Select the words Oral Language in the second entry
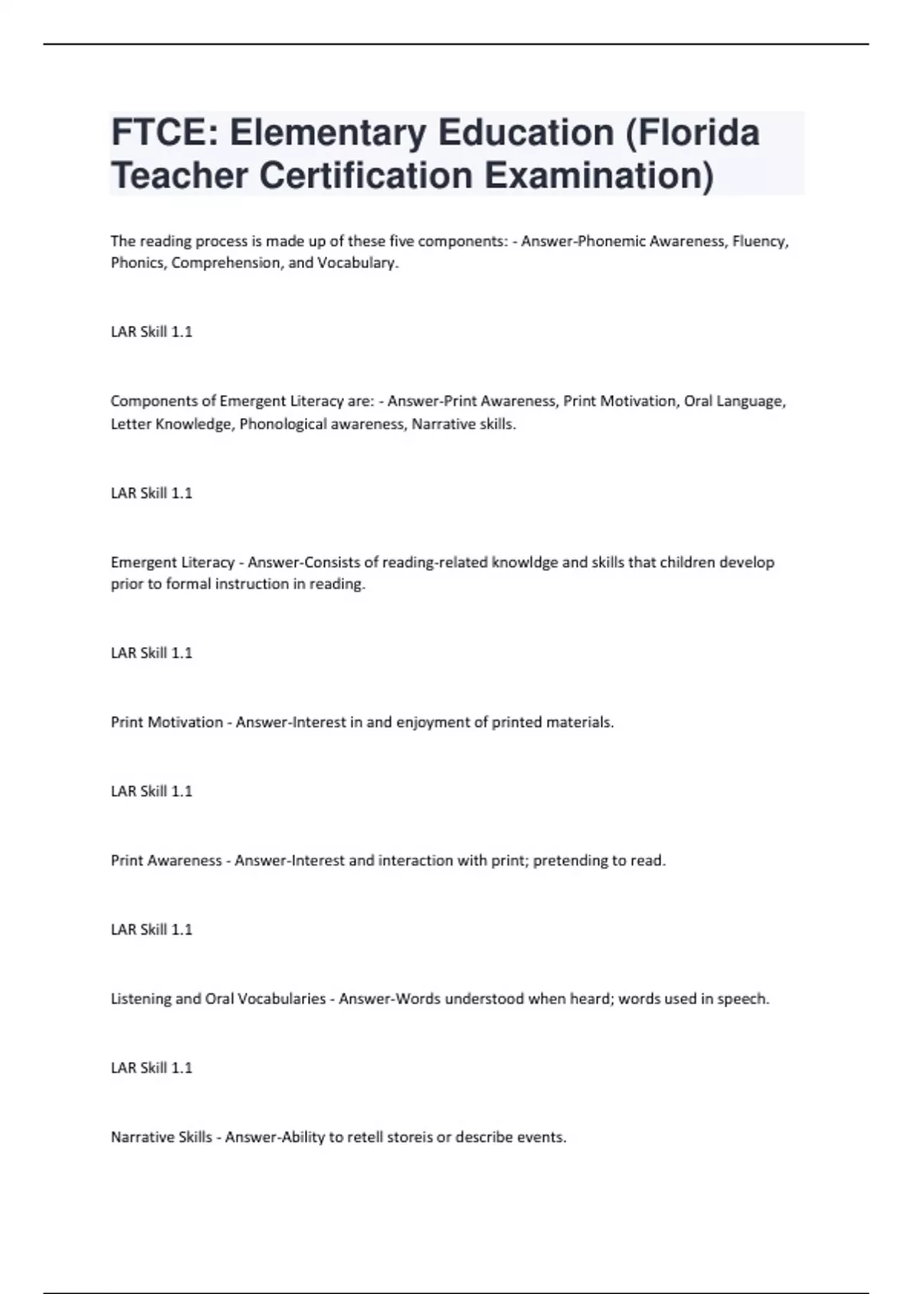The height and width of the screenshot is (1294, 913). click(x=733, y=401)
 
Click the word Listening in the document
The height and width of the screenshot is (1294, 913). click(x=142, y=999)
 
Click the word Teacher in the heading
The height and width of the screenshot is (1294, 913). click(x=179, y=176)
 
